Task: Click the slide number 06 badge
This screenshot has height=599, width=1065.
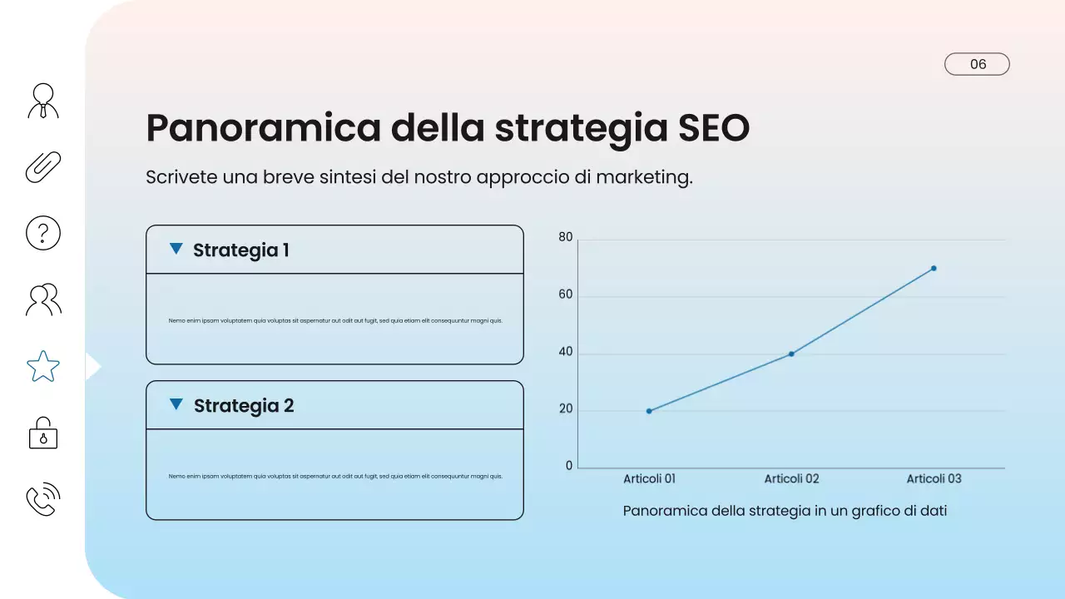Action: pos(977,64)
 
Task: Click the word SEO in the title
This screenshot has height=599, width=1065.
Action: pos(714,129)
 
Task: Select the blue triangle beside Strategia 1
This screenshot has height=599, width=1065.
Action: pos(176,249)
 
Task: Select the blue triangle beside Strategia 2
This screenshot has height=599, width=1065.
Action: pos(176,404)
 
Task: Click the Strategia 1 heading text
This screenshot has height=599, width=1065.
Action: pos(241,250)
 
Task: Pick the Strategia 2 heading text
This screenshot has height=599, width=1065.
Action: pos(244,406)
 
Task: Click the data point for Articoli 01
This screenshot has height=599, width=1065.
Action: pos(649,411)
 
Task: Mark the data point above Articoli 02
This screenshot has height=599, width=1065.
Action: pos(791,354)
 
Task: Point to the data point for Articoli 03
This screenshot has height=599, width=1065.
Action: pos(934,268)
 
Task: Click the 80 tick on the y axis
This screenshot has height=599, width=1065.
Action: pos(566,238)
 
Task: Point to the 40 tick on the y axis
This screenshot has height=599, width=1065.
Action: pos(566,353)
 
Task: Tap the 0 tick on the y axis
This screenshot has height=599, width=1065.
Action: pos(569,466)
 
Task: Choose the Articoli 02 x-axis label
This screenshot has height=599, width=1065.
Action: pos(791,478)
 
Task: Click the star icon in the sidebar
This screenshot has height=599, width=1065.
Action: pos(43,366)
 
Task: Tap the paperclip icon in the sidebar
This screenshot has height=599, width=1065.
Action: pos(43,166)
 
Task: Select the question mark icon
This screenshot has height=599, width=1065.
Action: pos(43,233)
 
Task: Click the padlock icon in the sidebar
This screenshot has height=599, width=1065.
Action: pos(43,433)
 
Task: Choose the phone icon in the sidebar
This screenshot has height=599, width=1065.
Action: pos(43,499)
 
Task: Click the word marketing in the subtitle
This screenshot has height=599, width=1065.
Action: pos(641,177)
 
